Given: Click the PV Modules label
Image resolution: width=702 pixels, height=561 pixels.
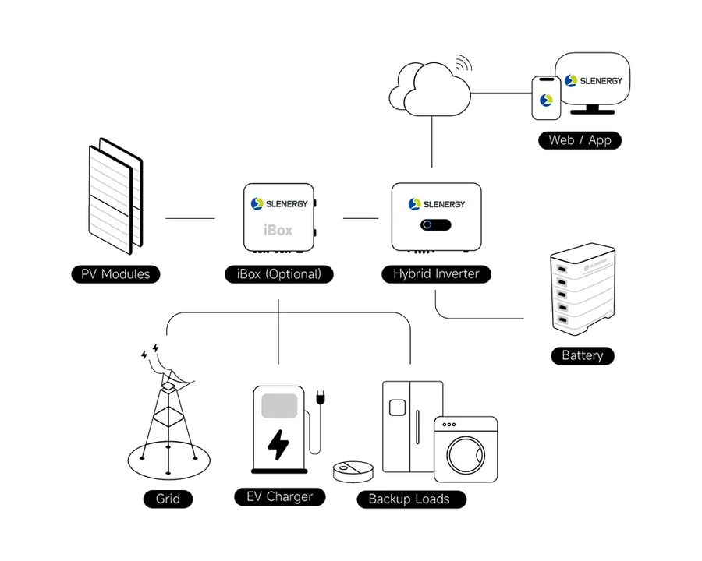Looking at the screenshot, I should pyautogui.click(x=115, y=274).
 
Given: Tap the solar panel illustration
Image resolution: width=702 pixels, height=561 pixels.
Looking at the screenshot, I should pyautogui.click(x=113, y=199).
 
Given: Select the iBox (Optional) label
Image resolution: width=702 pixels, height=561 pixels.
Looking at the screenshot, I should pyautogui.click(x=278, y=274).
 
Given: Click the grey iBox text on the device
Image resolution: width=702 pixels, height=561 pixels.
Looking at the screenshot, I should pyautogui.click(x=278, y=231).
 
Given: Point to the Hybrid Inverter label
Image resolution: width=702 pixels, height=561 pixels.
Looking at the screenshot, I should pyautogui.click(x=436, y=274).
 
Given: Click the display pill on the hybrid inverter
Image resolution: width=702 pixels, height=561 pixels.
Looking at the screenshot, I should pyautogui.click(x=436, y=225).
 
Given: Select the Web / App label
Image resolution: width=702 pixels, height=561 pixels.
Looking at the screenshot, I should pyautogui.click(x=580, y=140).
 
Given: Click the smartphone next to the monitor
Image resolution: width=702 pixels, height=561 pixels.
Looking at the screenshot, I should pyautogui.click(x=546, y=98).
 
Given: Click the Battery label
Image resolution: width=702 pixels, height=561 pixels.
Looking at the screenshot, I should pyautogui.click(x=583, y=356).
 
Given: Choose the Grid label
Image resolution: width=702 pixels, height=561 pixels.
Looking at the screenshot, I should pyautogui.click(x=168, y=499).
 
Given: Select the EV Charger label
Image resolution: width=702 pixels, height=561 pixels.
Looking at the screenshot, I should pyautogui.click(x=278, y=497).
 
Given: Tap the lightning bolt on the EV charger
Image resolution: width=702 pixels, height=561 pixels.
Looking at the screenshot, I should pyautogui.click(x=278, y=445).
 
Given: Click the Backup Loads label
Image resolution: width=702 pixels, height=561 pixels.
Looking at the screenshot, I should pyautogui.click(x=409, y=499).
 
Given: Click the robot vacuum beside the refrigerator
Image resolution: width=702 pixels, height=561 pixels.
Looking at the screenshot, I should pyautogui.click(x=352, y=471).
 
